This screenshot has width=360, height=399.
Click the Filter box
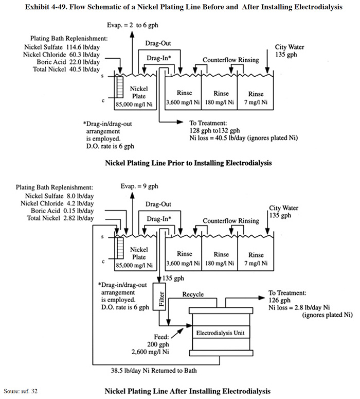point(159,297)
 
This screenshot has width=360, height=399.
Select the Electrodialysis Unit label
point(221,333)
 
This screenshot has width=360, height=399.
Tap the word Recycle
point(193,294)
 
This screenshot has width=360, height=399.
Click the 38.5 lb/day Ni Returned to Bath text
point(154,371)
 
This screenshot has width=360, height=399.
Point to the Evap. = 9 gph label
point(139,186)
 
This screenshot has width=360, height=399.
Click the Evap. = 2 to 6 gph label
point(133,25)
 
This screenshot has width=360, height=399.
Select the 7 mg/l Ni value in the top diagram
point(256,102)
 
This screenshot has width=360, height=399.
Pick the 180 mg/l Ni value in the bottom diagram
point(220,263)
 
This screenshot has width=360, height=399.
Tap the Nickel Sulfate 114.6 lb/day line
point(62,47)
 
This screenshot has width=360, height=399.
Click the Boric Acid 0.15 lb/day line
point(62,211)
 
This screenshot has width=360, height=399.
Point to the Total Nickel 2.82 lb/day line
point(60,218)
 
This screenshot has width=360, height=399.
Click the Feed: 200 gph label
point(158,341)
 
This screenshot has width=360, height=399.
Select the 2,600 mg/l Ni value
point(150,352)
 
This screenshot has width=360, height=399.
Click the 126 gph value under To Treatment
point(279,300)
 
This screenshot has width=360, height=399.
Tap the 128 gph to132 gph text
point(214,131)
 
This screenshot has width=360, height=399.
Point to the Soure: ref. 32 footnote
point(21,391)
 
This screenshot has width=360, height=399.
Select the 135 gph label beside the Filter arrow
point(173,278)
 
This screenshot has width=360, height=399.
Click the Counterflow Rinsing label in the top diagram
point(231,60)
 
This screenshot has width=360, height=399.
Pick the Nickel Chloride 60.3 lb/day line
point(61,55)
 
